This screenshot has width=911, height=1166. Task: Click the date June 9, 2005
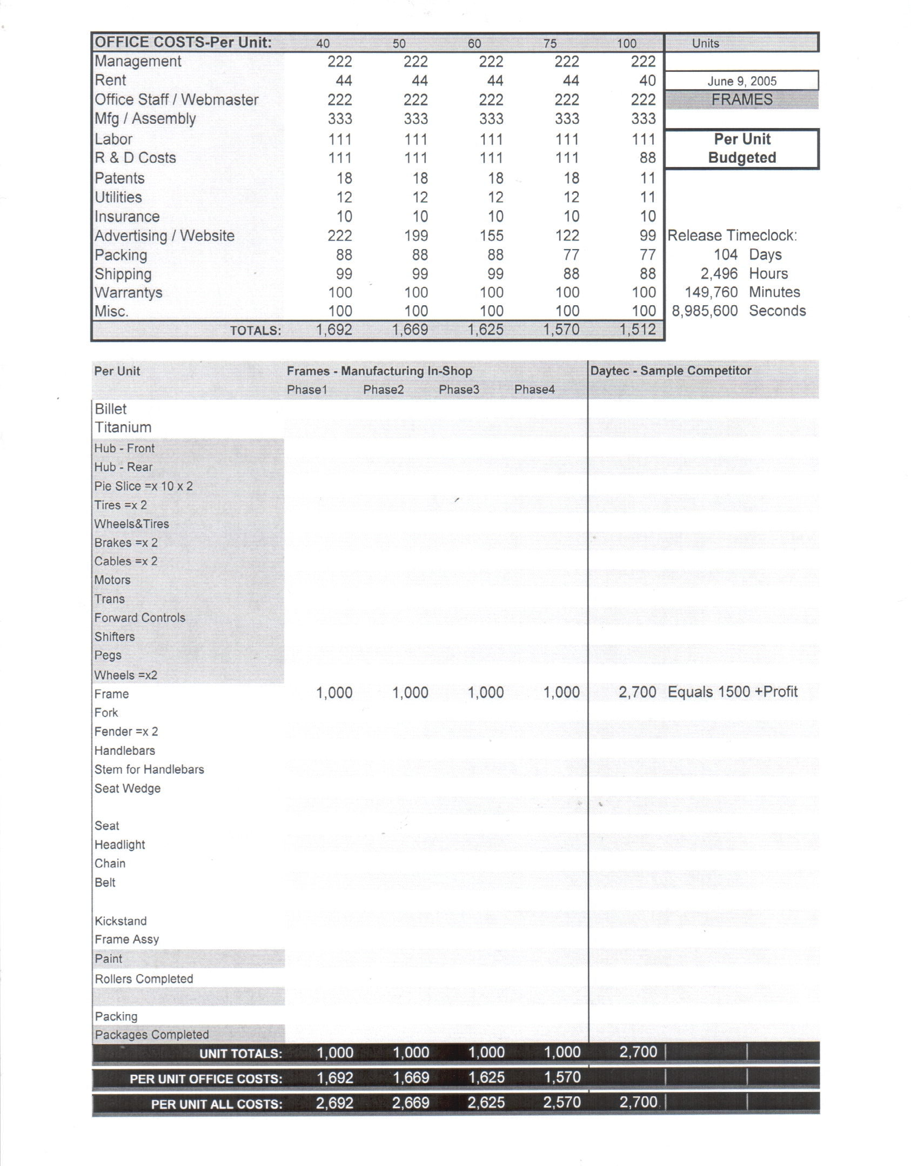pos(741,81)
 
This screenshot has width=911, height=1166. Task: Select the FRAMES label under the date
pos(741,100)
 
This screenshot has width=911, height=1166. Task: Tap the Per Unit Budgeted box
pos(741,149)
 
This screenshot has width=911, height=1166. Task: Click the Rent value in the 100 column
pos(647,81)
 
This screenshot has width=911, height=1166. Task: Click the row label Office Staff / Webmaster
pos(176,100)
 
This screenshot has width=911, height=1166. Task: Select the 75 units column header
pos(550,43)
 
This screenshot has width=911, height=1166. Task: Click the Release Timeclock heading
pos(732,236)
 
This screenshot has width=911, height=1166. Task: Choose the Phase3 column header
pos(459,390)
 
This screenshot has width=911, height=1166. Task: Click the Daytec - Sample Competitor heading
pos(671,371)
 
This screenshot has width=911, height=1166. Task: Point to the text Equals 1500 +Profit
pos(732,692)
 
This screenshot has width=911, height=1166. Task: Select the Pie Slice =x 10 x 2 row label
pos(143,486)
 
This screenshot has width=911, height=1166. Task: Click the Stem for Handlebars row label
pos(149,769)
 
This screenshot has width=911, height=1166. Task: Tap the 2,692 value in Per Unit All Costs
pos(334,1103)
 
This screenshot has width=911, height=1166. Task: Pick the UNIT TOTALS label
pos(240,1054)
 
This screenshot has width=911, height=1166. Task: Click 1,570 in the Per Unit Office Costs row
pos(562,1077)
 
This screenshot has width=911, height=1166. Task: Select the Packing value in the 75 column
pos(571,255)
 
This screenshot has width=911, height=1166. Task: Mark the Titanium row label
pos(123,427)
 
